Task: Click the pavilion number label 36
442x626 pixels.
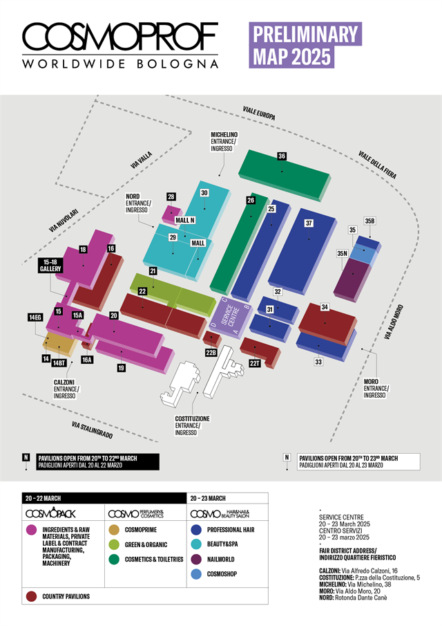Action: point(282,156)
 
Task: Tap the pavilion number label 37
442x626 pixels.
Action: point(309,223)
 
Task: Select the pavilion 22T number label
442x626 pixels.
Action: point(254,362)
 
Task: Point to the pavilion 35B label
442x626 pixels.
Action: point(369,221)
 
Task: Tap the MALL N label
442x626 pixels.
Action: point(185,220)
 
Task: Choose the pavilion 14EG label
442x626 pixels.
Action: point(35,317)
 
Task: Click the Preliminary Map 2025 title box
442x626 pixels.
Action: point(306,45)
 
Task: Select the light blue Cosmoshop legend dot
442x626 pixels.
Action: point(198,573)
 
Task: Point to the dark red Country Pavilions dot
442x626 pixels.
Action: point(30,595)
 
